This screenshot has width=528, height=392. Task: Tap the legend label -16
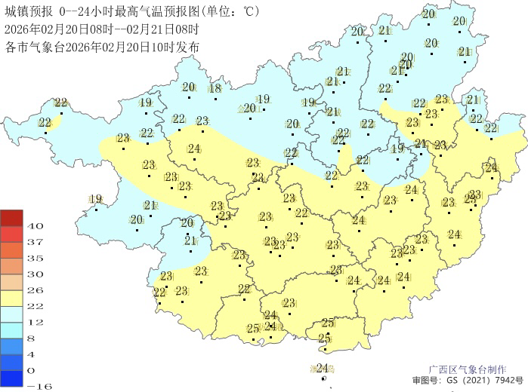click(x=37, y=386)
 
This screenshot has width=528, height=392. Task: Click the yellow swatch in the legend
click(x=11, y=298)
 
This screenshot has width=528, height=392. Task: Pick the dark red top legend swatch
click(x=11, y=218)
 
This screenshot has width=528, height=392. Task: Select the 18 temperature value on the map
click(x=215, y=88)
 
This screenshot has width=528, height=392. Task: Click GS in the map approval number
click(x=452, y=381)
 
